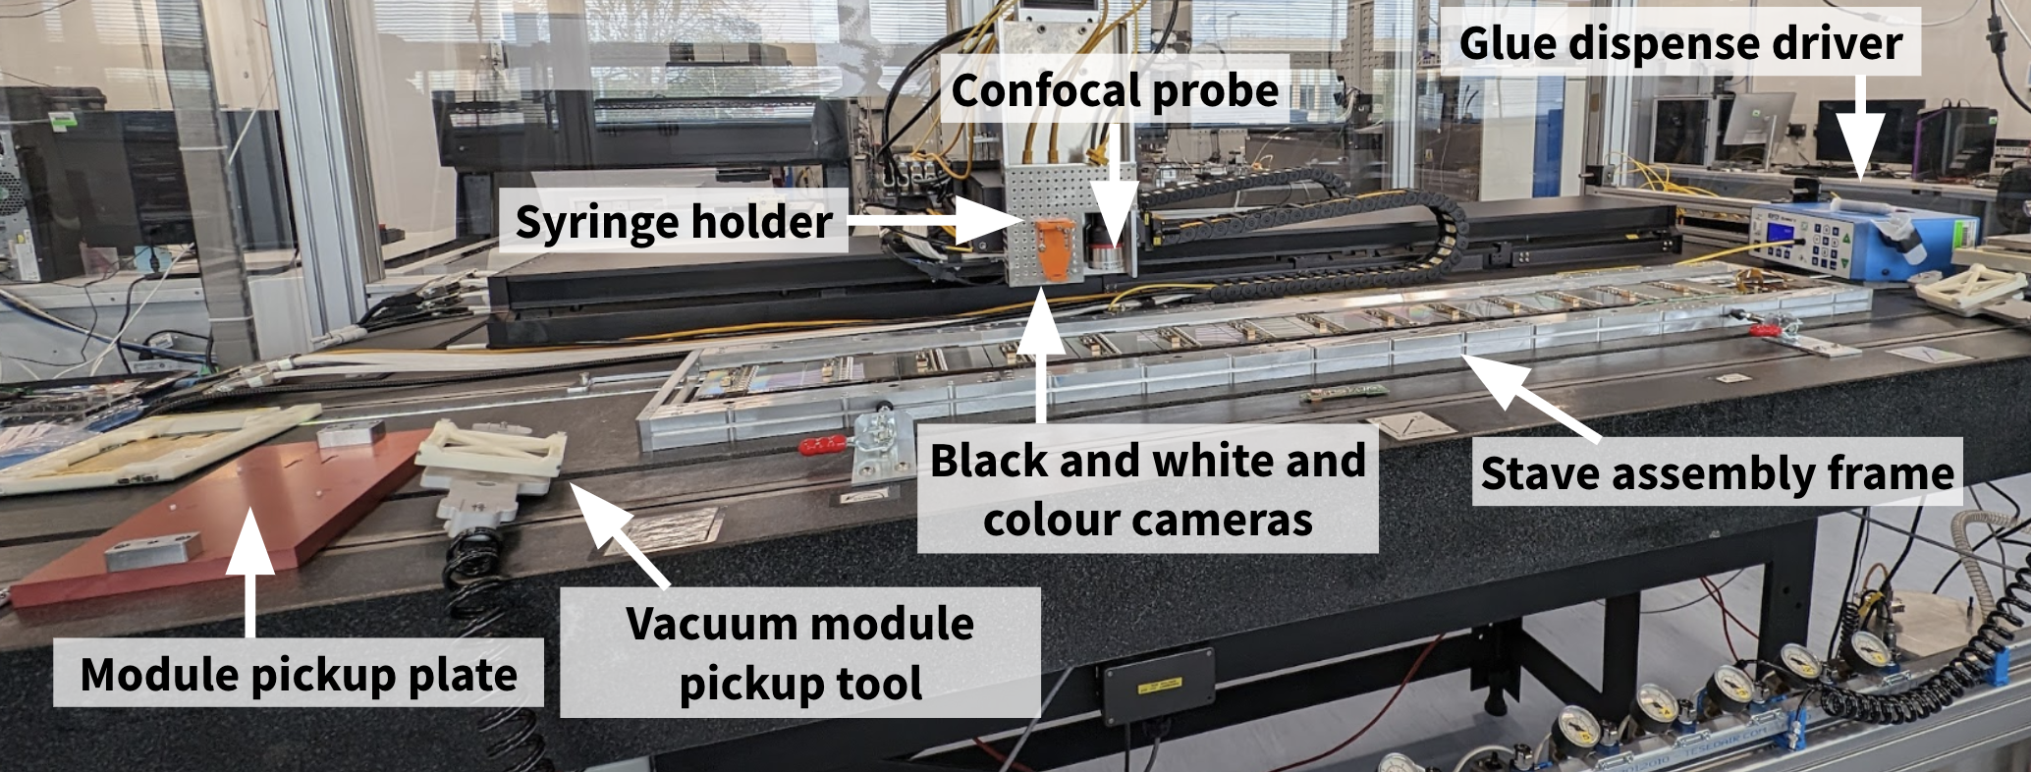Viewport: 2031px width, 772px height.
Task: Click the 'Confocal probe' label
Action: (1115, 90)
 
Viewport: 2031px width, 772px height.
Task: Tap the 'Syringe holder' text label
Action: (674, 221)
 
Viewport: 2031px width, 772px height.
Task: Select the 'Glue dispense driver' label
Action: (1680, 43)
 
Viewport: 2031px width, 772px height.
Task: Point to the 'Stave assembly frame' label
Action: (1717, 472)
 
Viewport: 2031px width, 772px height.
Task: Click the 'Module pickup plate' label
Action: (299, 674)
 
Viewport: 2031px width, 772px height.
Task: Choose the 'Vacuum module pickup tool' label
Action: (800, 653)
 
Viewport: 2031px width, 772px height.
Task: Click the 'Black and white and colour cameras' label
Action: (1147, 489)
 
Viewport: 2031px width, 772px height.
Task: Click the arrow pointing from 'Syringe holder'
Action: (933, 221)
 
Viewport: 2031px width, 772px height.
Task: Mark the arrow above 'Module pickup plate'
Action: (251, 570)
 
